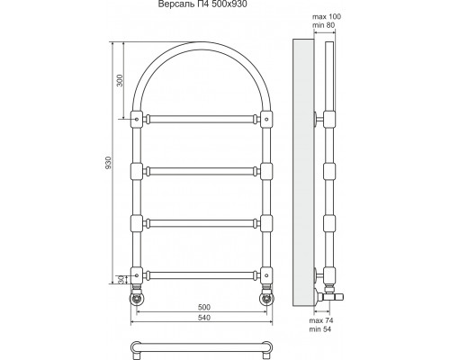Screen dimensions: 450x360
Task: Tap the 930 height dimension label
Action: point(108,162)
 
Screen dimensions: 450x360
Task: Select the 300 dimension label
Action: point(120,80)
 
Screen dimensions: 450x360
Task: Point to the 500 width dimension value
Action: point(204,307)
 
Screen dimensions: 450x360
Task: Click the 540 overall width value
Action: point(204,318)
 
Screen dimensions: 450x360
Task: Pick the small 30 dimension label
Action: point(121,280)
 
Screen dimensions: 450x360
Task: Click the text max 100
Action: point(327,16)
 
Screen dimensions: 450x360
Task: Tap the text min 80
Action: point(323,25)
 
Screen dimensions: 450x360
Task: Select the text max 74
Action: point(321,320)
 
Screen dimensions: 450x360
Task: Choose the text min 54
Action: point(320,329)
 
